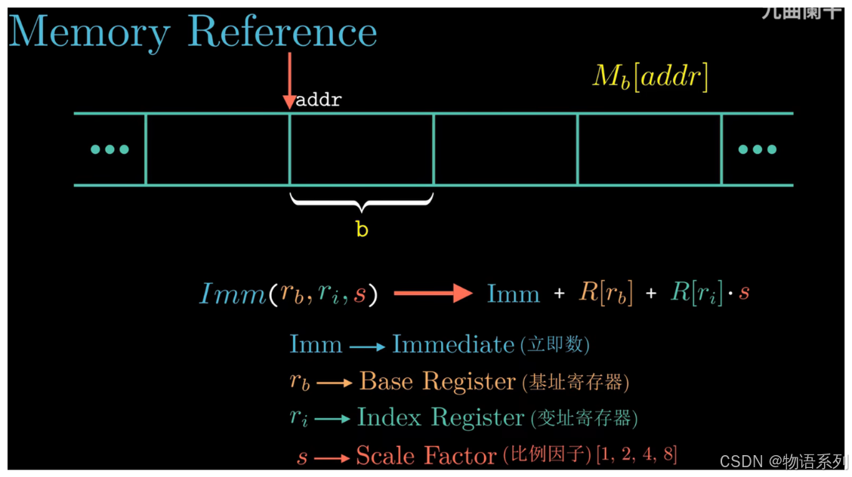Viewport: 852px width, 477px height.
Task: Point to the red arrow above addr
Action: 289,80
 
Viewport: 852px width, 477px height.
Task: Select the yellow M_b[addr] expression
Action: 650,77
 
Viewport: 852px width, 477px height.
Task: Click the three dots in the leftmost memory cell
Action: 110,149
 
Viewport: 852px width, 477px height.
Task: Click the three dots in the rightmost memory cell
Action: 757,149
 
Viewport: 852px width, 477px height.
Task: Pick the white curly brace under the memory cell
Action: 362,203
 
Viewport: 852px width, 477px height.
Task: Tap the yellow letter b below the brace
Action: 362,229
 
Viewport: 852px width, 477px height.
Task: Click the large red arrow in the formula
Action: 434,294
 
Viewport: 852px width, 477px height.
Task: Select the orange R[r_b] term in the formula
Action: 606,294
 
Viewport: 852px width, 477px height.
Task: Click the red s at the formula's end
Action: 745,294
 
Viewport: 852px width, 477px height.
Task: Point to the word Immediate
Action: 453,345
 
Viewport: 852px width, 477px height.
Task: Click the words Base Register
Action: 437,381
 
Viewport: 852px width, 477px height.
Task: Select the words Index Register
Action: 440,417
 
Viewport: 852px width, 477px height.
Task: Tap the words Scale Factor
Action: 427,455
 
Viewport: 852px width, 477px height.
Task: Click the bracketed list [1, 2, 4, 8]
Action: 637,454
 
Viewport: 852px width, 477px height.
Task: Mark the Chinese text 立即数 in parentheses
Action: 555,346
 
